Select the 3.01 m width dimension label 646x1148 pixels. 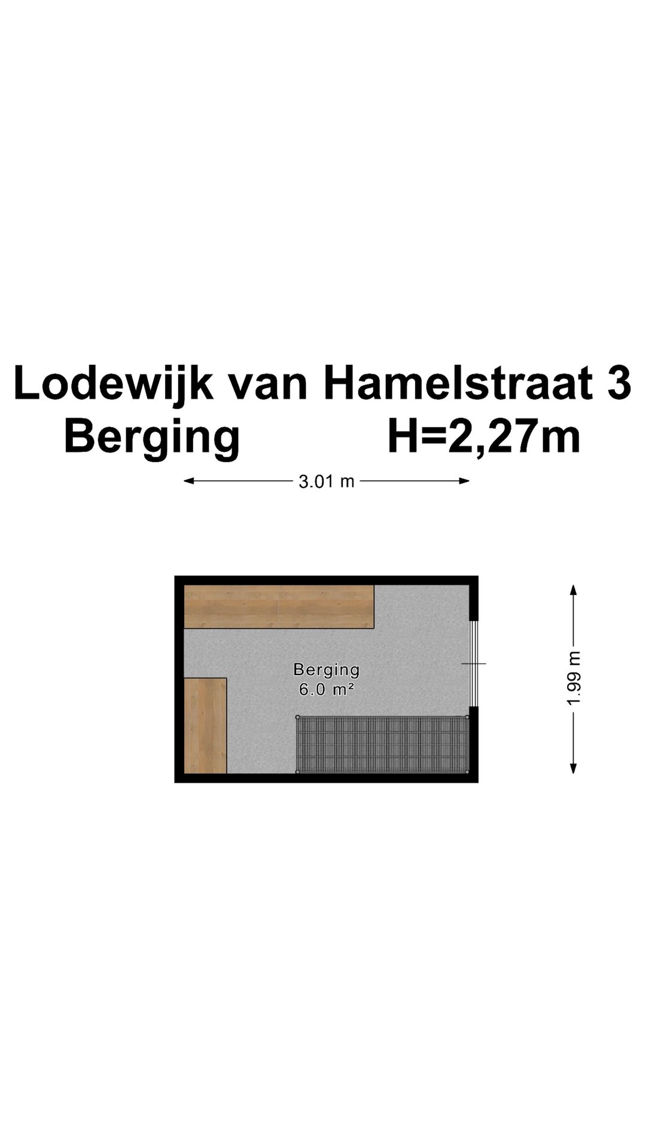coord(327,481)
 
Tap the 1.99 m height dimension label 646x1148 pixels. coord(574,678)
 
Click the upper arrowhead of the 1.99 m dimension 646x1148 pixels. coord(573,590)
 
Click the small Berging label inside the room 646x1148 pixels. coord(326,670)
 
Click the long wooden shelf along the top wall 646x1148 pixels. coord(278,606)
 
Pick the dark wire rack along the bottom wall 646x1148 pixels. coord(382,744)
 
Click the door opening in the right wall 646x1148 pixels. coord(474,664)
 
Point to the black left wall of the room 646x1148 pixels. coord(179,679)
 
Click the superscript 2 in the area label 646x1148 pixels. coord(351,686)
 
